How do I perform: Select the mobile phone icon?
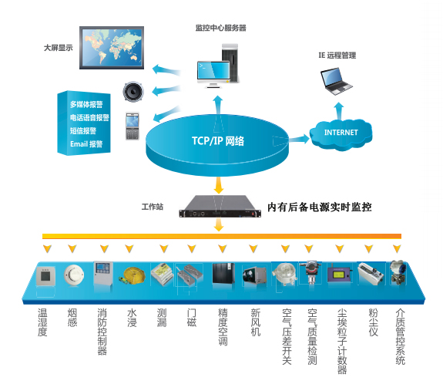(x=130, y=126)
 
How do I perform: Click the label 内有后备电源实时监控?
(x=319, y=207)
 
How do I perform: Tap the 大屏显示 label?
(x=58, y=48)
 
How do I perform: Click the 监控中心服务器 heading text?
(x=220, y=28)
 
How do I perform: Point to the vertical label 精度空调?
(x=223, y=328)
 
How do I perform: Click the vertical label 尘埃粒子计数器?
(x=341, y=340)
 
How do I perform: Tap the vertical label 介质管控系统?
(x=399, y=336)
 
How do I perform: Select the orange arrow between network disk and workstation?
(x=219, y=185)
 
